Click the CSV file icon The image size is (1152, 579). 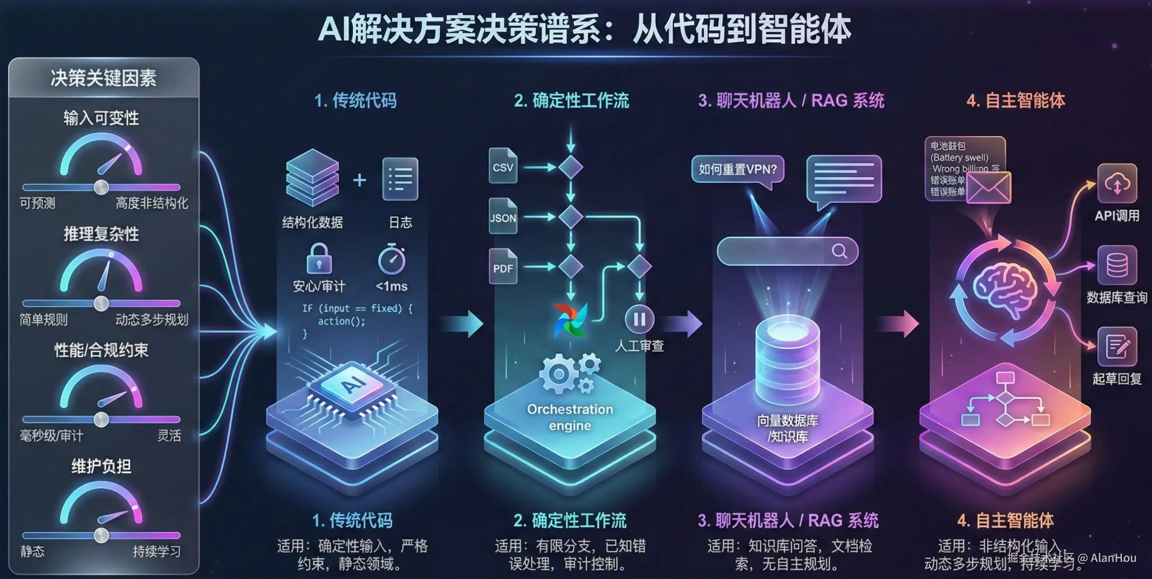pos(503,166)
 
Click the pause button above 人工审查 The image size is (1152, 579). pos(639,319)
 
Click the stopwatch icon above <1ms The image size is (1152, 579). pos(391,259)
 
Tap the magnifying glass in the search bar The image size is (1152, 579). pos(839,251)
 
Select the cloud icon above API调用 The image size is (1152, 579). pos(1117,184)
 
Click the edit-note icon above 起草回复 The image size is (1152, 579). pos(1117,346)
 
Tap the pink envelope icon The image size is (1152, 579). pos(989,187)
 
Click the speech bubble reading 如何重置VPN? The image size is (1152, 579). pos(738,170)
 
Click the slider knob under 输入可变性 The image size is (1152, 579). pos(101,187)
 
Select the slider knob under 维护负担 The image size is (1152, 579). pos(101,535)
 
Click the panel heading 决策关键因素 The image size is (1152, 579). pos(103,78)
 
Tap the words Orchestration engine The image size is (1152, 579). pos(570,417)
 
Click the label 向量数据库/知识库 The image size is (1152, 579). pos(787,428)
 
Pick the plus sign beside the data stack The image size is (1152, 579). pos(359,180)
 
